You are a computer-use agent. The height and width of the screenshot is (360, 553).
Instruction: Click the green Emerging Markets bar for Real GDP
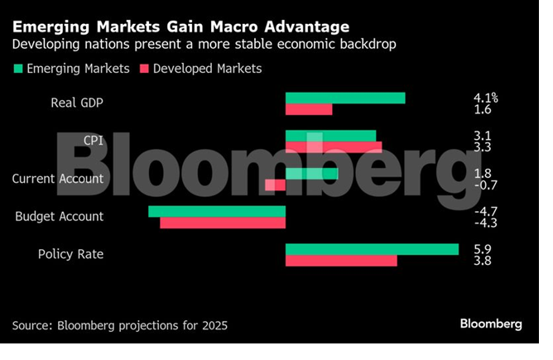pos(344,98)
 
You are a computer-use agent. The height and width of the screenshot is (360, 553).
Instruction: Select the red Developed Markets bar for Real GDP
pos(308,109)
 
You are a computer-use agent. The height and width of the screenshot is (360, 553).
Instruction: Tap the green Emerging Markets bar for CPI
pos(330,136)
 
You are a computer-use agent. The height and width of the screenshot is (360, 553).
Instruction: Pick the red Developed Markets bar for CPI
pos(333,147)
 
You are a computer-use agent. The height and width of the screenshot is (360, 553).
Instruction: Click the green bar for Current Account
pos(311,173)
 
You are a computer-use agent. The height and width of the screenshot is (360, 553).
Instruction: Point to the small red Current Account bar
pos(275,185)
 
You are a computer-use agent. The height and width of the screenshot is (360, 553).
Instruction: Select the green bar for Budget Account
pos(217,211)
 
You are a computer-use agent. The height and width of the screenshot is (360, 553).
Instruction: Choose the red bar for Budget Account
pos(222,223)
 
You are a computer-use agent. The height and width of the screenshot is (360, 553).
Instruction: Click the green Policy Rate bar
pos(372,249)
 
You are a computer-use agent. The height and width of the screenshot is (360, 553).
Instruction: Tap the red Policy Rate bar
pos(341,261)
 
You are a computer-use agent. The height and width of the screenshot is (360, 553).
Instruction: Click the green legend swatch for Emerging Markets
pos(19,69)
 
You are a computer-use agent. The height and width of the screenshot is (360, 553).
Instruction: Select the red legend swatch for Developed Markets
pos(146,69)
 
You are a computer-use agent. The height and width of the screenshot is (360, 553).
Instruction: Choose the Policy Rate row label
pos(70,254)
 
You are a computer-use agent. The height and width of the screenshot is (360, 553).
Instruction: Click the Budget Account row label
pos(60,216)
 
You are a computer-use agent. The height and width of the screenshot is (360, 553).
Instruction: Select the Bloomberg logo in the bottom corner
pos(491,324)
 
